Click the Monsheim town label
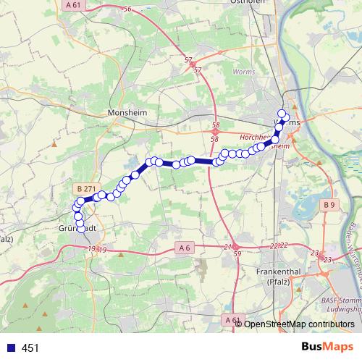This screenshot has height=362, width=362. pyautogui.click(x=127, y=114)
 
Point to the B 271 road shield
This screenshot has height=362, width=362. pyautogui.click(x=85, y=188)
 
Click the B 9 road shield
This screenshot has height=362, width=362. pyautogui.click(x=329, y=206)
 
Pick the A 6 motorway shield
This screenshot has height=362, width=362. pyautogui.click(x=184, y=248)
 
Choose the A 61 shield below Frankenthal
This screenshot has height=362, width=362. pyautogui.click(x=232, y=319)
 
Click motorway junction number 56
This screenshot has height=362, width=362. pyautogui.click(x=127, y=9)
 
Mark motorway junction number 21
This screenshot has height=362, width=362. pyautogui.click(x=227, y=248)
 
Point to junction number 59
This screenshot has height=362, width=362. pyautogui.click(x=237, y=254)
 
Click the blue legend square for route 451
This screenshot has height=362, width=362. pyautogui.click(x=10, y=348)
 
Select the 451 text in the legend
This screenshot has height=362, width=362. pyautogui.click(x=30, y=348)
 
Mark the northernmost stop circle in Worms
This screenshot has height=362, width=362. pyautogui.click(x=282, y=113)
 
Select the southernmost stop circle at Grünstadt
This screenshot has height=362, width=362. pyautogui.click(x=80, y=223)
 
